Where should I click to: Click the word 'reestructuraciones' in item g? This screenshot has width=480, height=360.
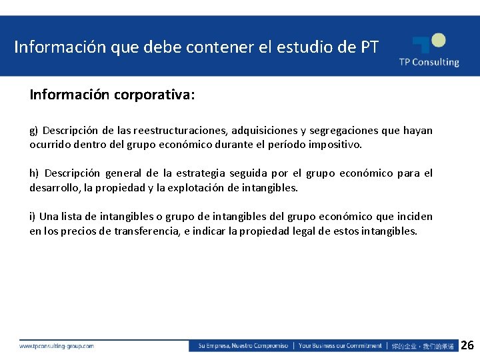[180, 131]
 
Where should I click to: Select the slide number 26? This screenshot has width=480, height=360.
[467, 345]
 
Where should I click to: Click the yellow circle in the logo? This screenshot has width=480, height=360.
[437, 40]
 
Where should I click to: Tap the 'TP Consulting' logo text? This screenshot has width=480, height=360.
[429, 62]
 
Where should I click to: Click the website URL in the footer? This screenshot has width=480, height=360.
[57, 346]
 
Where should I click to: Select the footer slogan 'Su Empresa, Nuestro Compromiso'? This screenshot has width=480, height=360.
[243, 346]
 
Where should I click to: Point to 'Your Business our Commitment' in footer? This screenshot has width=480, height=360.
[340, 346]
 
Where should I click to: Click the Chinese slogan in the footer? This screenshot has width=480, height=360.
[423, 346]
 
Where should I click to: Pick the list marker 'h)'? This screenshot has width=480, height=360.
[35, 173]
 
